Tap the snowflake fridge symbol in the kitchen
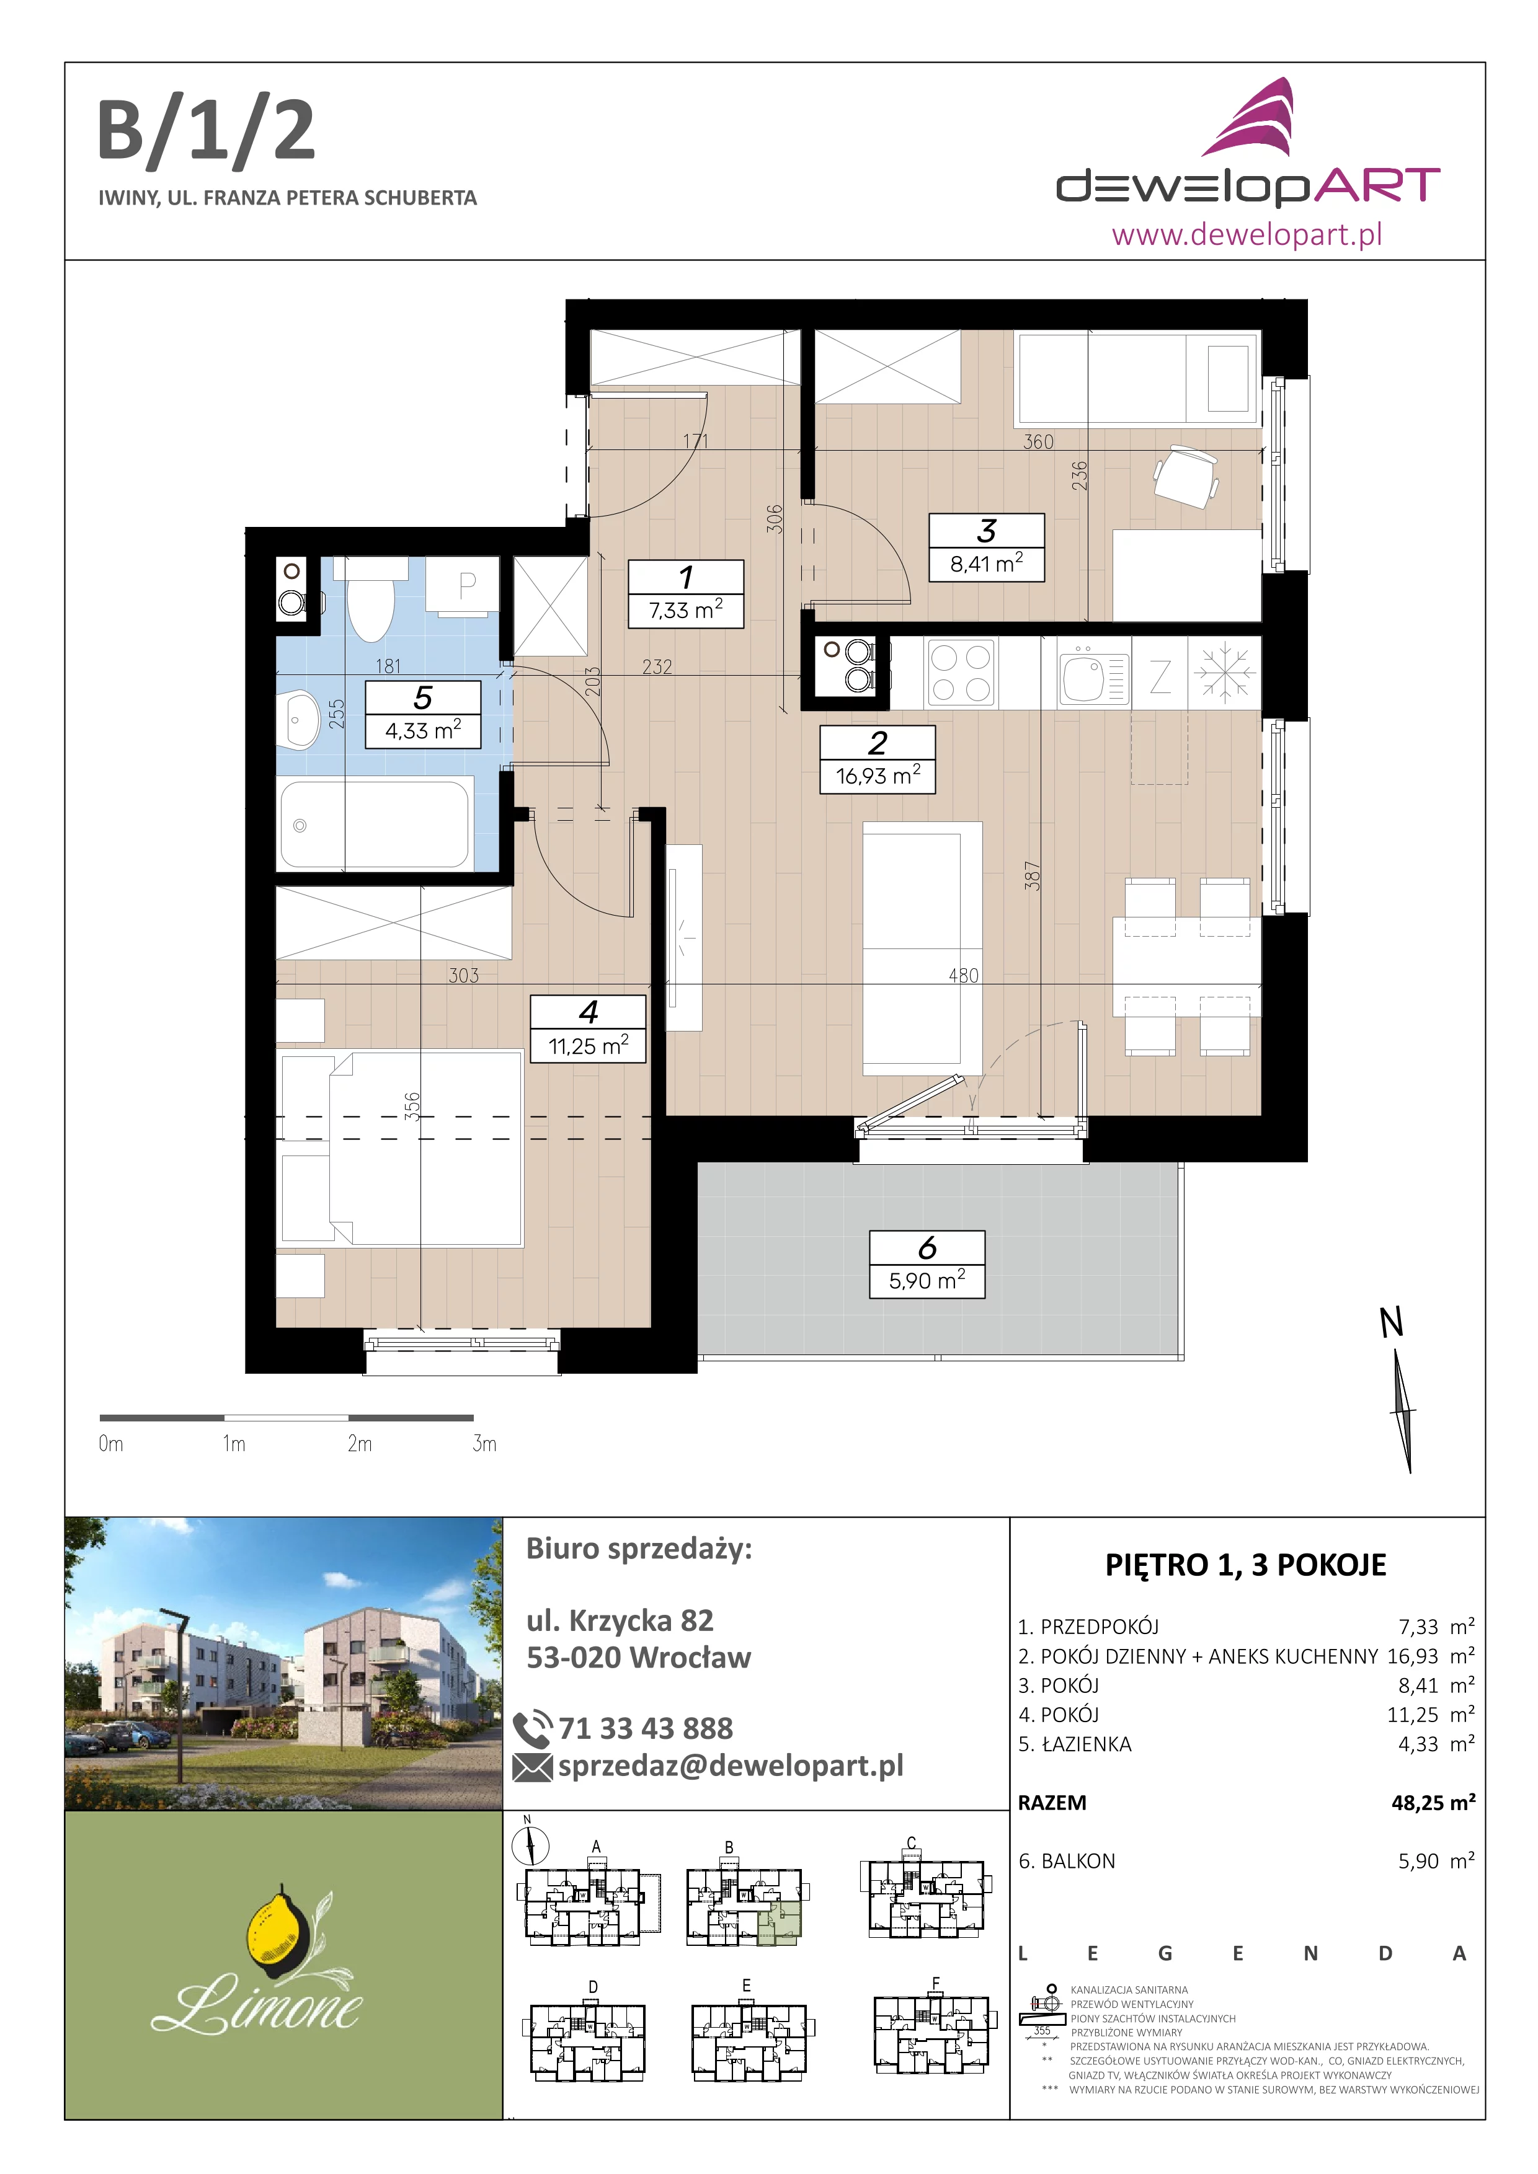(1225, 673)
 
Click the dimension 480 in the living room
(963, 975)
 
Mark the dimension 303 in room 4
(464, 975)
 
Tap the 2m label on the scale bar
(359, 1444)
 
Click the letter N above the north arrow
(1391, 1323)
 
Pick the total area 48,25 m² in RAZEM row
(1433, 1802)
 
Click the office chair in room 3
(1186, 475)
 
